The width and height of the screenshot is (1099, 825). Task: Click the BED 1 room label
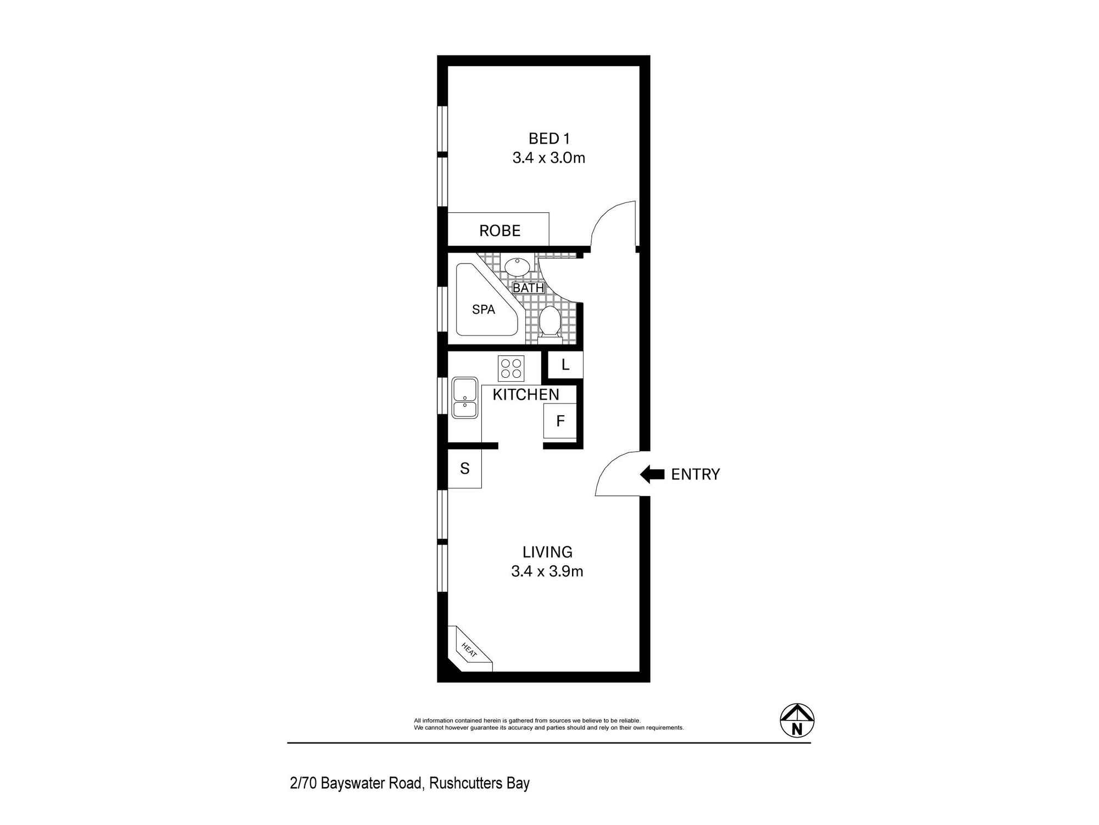pyautogui.click(x=549, y=139)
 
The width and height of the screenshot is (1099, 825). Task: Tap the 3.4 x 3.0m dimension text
pyautogui.click(x=548, y=158)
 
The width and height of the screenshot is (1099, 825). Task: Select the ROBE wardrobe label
pyautogui.click(x=499, y=230)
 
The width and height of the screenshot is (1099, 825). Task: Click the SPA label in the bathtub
pyautogui.click(x=484, y=310)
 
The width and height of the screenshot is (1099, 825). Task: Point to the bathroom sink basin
pyautogui.click(x=517, y=267)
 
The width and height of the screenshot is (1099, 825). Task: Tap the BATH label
pyautogui.click(x=528, y=288)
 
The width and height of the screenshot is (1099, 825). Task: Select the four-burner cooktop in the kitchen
pyautogui.click(x=511, y=368)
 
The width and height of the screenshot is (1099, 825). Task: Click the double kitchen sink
pyautogui.click(x=465, y=398)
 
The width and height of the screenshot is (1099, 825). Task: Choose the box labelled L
pyautogui.click(x=565, y=365)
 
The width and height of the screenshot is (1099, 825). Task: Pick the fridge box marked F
pyautogui.click(x=560, y=421)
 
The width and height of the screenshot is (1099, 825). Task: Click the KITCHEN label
pyautogui.click(x=525, y=394)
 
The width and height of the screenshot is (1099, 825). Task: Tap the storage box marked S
pyautogui.click(x=465, y=469)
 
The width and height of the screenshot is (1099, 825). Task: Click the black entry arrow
pyautogui.click(x=652, y=474)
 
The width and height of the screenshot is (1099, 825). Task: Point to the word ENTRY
pyautogui.click(x=695, y=474)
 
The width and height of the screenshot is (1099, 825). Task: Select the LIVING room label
pyautogui.click(x=547, y=552)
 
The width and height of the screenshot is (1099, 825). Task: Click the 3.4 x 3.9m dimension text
pyautogui.click(x=547, y=571)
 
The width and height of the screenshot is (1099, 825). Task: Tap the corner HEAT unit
pyautogui.click(x=468, y=651)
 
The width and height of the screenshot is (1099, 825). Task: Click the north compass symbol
pyautogui.click(x=797, y=721)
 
